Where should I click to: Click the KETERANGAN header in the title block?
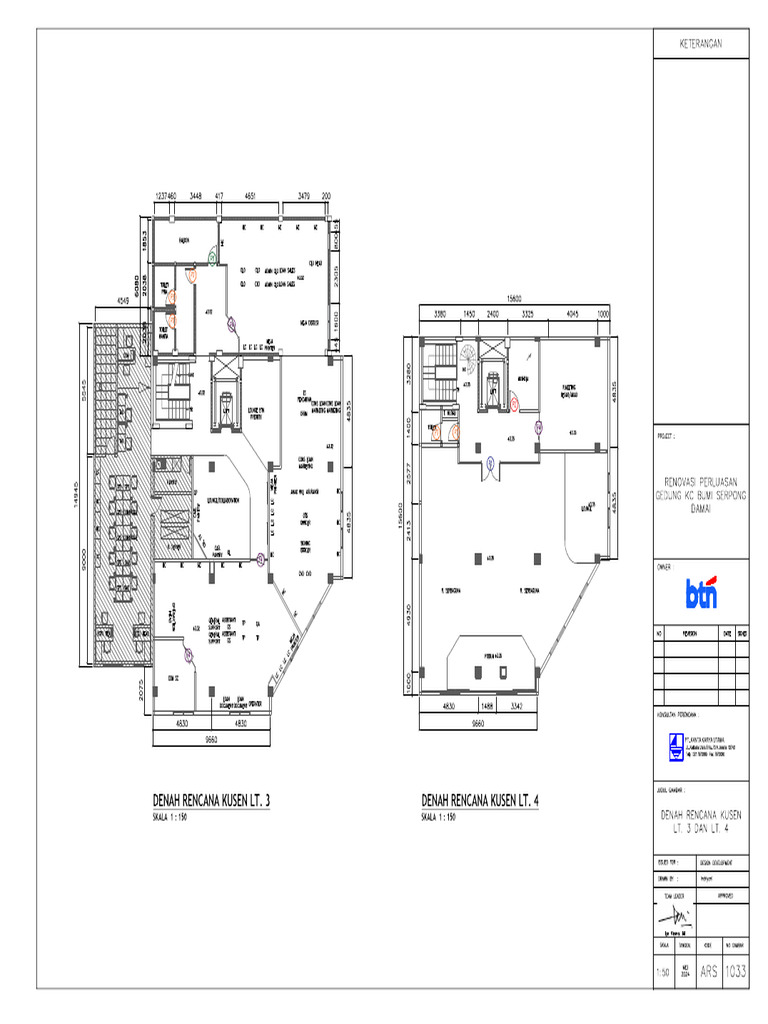point(700,44)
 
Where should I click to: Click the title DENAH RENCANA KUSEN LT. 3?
point(212,801)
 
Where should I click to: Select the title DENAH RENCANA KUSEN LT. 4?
point(483,801)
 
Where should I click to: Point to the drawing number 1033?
point(734,969)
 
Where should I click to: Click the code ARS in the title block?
point(709,969)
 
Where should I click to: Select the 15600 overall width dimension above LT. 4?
point(514,299)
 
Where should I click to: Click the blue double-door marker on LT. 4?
point(491,463)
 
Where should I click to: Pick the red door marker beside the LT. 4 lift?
point(514,405)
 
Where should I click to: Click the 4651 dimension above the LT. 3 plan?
point(251,197)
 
